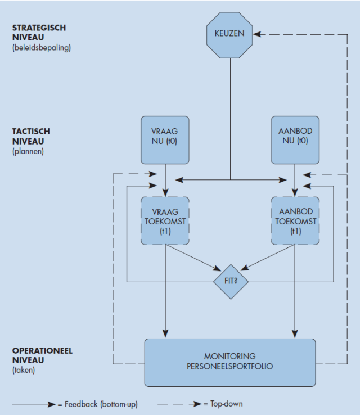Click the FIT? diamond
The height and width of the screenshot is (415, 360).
point(231,279)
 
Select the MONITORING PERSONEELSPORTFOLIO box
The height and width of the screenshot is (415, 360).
point(231,362)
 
